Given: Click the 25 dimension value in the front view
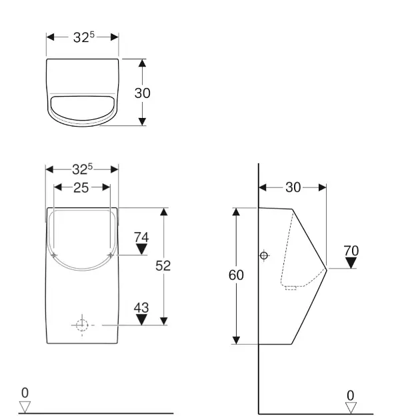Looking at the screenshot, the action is (x=81, y=188).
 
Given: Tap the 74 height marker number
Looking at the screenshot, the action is (x=141, y=237).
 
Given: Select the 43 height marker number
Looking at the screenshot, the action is (x=141, y=308).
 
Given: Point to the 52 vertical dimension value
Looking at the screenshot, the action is (x=163, y=266).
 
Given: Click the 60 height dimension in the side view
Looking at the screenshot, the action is (x=236, y=275).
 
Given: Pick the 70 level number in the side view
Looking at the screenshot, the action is (x=351, y=251).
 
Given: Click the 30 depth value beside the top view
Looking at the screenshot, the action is (x=142, y=93).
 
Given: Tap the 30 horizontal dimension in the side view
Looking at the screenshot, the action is (x=293, y=187).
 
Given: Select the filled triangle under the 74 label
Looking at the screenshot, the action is (x=141, y=249).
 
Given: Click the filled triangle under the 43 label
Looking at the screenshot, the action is (x=141, y=319).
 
